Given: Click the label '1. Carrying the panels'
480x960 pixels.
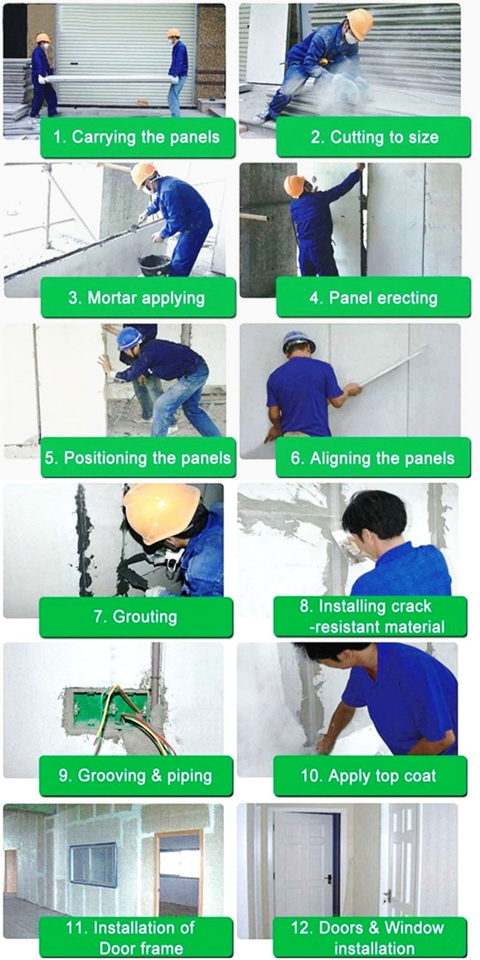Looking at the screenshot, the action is point(137,137).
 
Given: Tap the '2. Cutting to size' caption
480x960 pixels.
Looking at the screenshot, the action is point(374,137).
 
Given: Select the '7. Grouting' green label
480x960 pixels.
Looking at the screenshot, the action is point(136,617).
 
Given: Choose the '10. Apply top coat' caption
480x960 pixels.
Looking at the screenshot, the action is point(369,776).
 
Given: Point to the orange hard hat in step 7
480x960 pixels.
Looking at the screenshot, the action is point(161,512).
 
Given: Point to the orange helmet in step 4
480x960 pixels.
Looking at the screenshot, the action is point(294,185).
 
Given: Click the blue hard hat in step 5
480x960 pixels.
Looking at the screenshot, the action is point(130,338).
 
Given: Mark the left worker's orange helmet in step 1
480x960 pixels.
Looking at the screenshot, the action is point(43,38).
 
